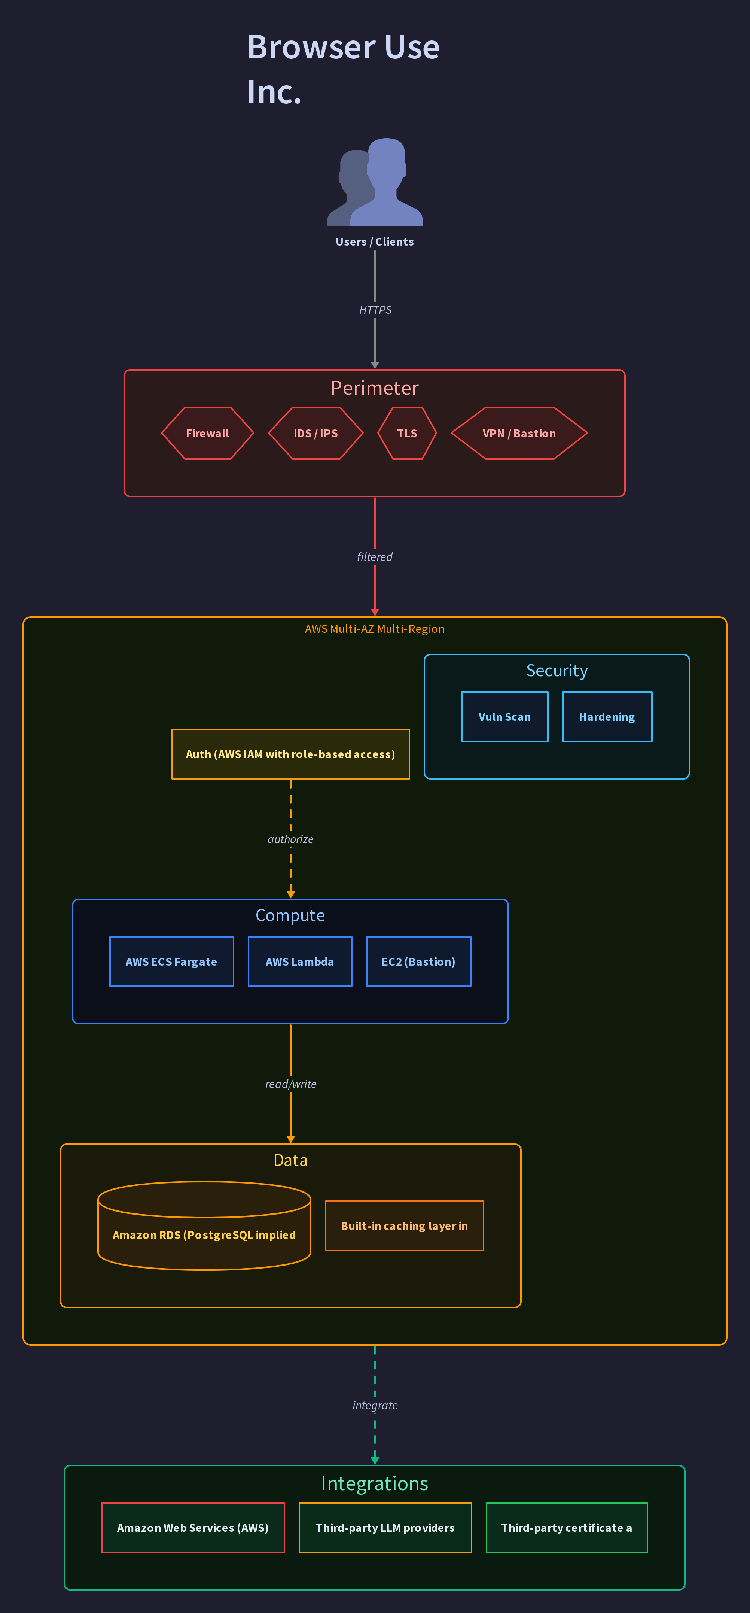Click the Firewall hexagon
coord(208,433)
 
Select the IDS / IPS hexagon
coord(315,433)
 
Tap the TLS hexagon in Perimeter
coord(407,433)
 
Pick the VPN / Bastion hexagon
coord(519,433)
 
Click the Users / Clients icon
coord(375,182)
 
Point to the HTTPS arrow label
coord(375,310)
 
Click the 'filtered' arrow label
coord(375,557)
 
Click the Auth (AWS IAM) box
coord(290,754)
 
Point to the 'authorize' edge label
coord(290,839)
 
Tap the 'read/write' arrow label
coord(290,1084)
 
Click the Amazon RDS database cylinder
coord(204,1226)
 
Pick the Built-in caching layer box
coord(405,1226)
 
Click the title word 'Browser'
coord(311,47)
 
